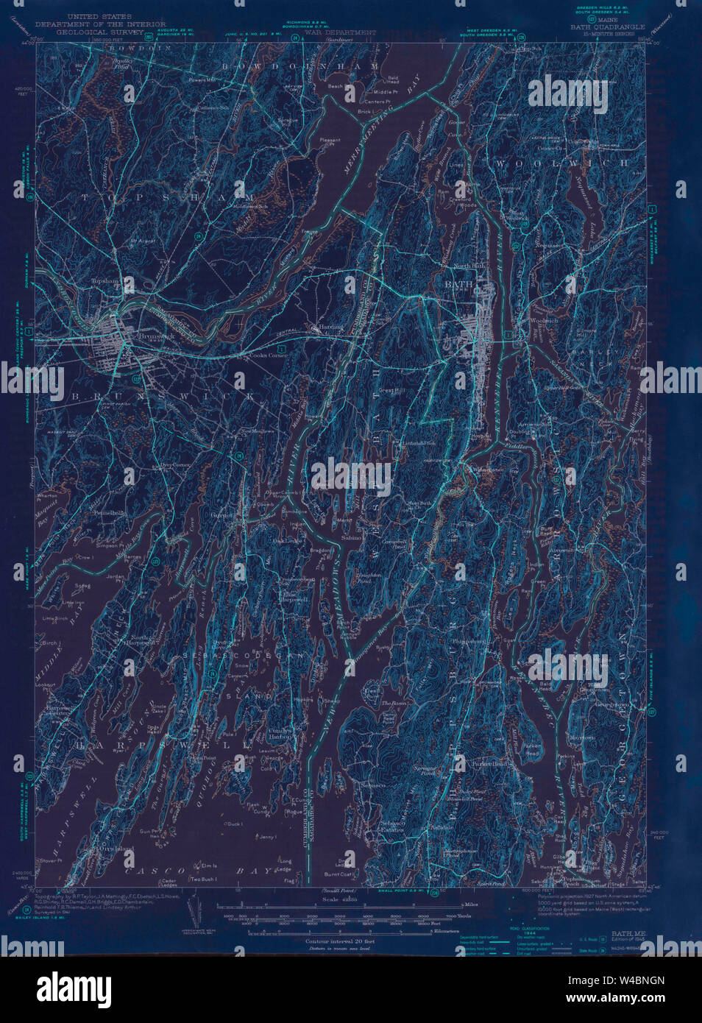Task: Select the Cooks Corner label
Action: [268, 355]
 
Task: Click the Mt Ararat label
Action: [143, 240]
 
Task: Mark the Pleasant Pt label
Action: [330, 141]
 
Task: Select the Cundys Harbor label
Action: [280, 732]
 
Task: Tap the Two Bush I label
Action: [203, 879]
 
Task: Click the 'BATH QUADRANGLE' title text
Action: [607, 26]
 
